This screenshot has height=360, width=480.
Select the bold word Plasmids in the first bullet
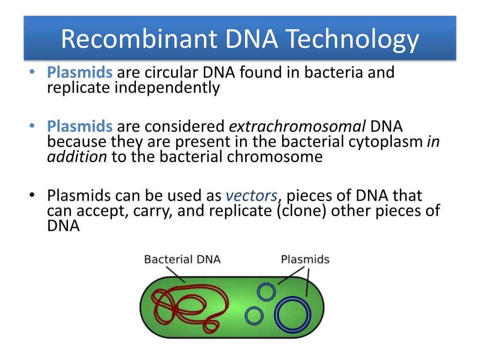(80, 73)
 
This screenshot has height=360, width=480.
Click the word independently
(167, 88)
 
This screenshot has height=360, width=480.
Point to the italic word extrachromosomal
(297, 126)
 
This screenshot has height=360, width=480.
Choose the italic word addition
(77, 157)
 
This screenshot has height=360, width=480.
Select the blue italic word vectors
(252, 196)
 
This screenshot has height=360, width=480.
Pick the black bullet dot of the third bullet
(32, 195)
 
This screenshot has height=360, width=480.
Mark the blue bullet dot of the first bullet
(32, 72)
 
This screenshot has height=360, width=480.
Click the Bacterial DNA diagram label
(182, 260)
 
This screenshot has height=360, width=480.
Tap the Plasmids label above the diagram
(305, 260)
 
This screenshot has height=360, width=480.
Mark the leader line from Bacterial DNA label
(175, 275)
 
